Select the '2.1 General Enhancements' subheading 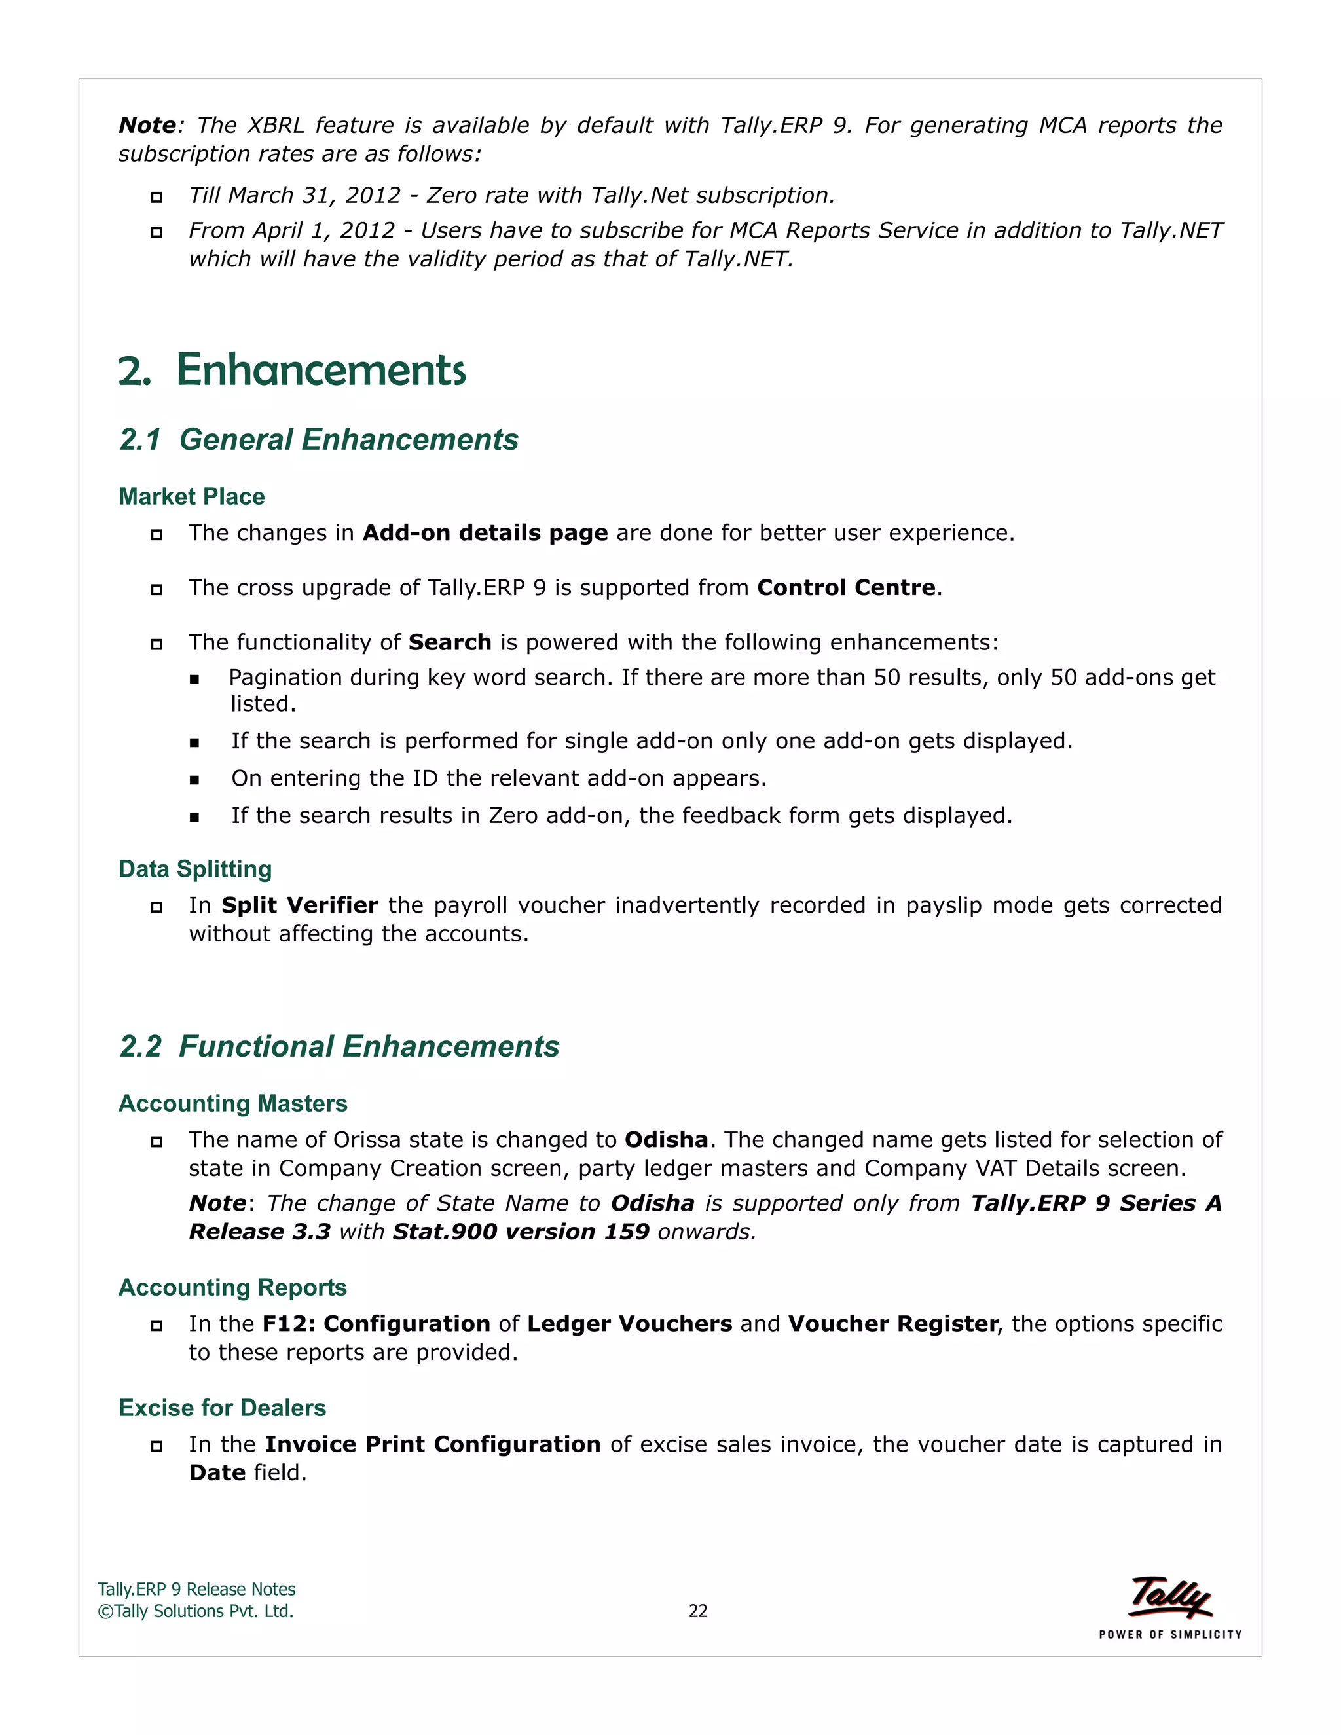[319, 439]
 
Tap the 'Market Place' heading [191, 496]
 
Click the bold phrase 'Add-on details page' [485, 533]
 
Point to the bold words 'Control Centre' [846, 588]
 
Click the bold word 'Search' [450, 643]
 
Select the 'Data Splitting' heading [194, 869]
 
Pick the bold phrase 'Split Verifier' [299, 905]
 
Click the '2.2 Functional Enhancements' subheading [339, 1046]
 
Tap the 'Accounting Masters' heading [232, 1103]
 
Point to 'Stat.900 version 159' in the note [521, 1232]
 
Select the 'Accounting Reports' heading [232, 1288]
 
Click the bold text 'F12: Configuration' [376, 1324]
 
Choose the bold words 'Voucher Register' [892, 1324]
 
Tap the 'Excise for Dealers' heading [222, 1408]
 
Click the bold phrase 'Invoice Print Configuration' [432, 1444]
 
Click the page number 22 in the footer [697, 1611]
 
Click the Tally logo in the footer [1169, 1598]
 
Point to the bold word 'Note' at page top [147, 126]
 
